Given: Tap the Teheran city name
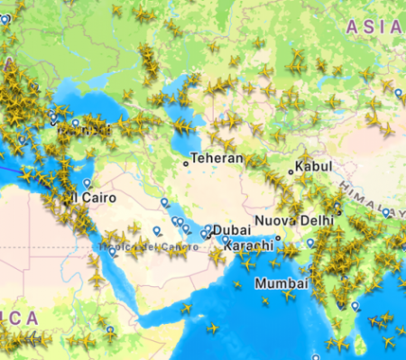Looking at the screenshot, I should click(x=217, y=158).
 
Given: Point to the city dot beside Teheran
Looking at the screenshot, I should click(x=186, y=163).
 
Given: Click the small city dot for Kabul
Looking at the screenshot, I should click(x=291, y=171).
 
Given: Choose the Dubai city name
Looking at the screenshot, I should click(x=231, y=230).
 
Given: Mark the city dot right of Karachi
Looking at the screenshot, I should click(x=278, y=239).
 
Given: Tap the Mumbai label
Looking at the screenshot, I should click(x=274, y=282).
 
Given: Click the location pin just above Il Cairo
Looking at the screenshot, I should click(x=88, y=182).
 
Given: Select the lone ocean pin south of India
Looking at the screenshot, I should click(x=316, y=357).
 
